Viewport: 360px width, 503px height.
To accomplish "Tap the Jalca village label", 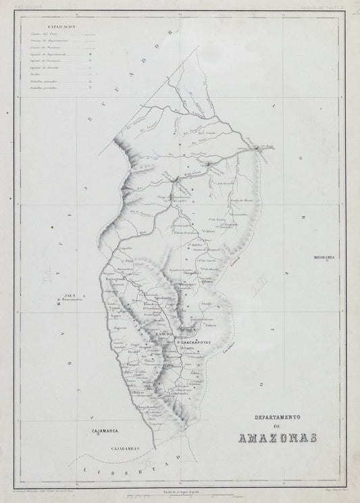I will click(x=195, y=372).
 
